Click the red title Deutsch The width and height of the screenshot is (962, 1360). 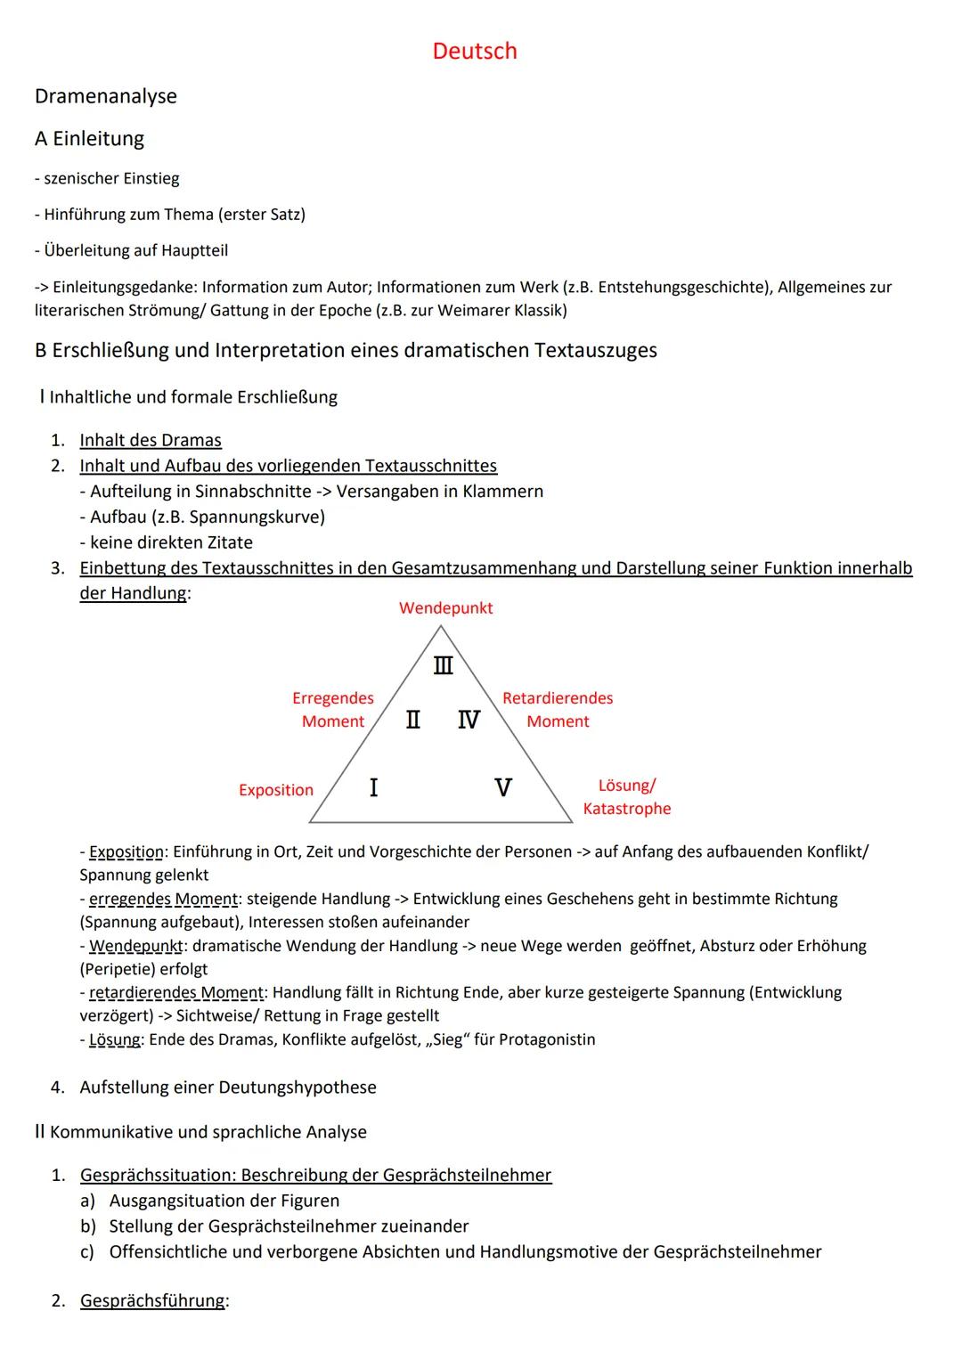coord(474,51)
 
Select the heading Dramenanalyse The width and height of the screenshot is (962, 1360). coord(105,96)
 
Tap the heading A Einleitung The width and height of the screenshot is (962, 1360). coord(89,139)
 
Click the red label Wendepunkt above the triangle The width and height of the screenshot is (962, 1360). coord(445,608)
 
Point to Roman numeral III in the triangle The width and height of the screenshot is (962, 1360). coord(443,665)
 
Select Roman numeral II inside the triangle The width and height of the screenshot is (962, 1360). coord(413,720)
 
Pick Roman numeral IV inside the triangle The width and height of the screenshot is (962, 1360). coord(469,720)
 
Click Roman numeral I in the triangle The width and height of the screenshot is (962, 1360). coord(373,787)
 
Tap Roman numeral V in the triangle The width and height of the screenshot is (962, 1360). coord(502,787)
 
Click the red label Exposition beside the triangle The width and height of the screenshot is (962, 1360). coord(276,790)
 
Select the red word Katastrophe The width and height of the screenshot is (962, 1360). coord(627,809)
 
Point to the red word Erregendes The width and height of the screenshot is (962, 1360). coord(333,698)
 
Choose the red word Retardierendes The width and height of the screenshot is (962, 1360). coord(558,698)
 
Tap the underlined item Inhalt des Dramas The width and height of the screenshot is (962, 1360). coord(151,440)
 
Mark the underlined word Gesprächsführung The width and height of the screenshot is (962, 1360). coord(152,1301)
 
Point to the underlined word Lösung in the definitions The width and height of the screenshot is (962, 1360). coord(115,1039)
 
